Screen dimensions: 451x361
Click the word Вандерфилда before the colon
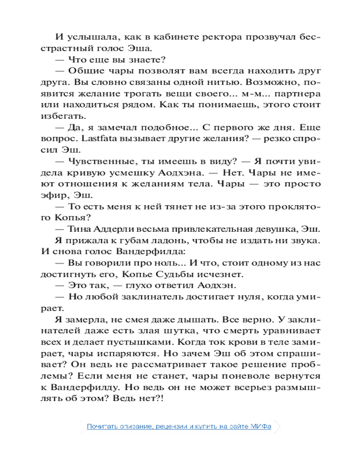click(153, 251)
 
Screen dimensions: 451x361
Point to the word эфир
click(66, 195)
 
